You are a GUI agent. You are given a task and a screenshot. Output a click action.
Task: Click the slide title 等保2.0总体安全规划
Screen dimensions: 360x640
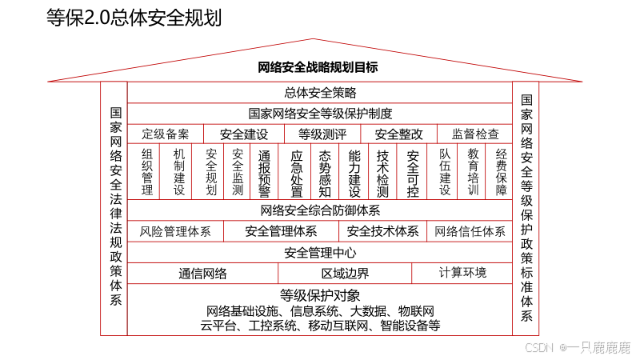(134, 18)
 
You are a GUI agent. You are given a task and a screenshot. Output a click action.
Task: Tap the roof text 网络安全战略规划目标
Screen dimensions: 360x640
(318, 67)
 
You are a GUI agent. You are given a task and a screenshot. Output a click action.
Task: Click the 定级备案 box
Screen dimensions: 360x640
(166, 134)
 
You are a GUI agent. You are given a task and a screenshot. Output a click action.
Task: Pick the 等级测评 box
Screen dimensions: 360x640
(322, 134)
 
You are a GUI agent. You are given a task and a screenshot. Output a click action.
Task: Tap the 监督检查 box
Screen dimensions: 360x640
(475, 134)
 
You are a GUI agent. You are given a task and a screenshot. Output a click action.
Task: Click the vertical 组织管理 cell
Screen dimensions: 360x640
(147, 172)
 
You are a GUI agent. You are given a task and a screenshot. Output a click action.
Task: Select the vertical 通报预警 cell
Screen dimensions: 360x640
(264, 172)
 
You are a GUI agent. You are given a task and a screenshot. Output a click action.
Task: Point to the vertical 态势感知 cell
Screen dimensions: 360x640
(325, 172)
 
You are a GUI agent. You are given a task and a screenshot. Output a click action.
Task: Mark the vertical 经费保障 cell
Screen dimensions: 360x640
(501, 172)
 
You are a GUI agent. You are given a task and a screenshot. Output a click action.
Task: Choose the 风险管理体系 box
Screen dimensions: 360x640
(175, 231)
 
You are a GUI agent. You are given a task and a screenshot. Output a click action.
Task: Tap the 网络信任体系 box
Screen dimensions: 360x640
(470, 231)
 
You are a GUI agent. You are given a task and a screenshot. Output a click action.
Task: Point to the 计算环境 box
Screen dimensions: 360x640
(462, 273)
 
